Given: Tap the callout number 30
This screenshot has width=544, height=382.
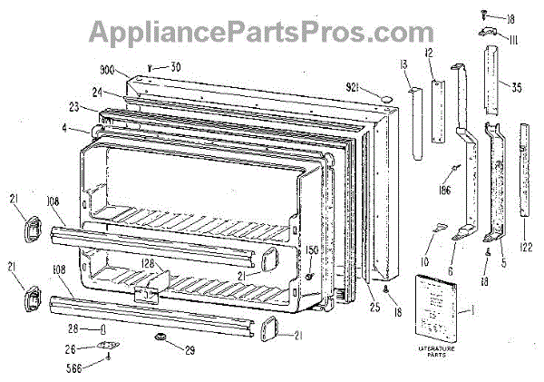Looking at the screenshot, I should point(175,65).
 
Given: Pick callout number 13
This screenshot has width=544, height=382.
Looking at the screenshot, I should point(402,64).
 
